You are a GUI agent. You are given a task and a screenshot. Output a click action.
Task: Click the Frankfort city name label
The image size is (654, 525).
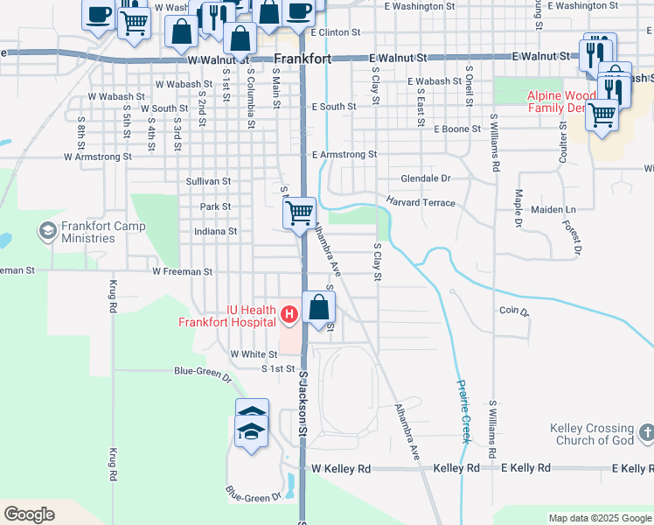(302, 59)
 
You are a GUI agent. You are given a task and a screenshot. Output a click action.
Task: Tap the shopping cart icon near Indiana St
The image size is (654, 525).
(299, 212)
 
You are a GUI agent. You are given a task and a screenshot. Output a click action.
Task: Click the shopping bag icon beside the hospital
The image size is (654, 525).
(320, 307)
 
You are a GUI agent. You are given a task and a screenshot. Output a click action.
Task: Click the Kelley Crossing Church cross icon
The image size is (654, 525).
(646, 432)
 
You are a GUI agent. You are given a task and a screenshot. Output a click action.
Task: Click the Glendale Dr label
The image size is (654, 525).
(425, 178)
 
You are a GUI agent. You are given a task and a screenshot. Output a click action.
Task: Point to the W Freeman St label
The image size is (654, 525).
(182, 272)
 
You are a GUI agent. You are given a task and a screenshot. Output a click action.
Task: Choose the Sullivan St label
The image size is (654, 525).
(207, 181)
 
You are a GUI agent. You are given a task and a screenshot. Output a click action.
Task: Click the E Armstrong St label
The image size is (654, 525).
(344, 154)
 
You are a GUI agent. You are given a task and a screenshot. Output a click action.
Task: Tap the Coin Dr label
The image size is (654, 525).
(513, 311)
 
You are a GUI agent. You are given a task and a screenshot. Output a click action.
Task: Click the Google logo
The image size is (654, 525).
(30, 514)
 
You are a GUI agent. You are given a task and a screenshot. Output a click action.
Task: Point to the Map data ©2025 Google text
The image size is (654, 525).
(599, 518)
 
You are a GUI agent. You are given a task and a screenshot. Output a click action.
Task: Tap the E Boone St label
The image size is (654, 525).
(457, 129)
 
